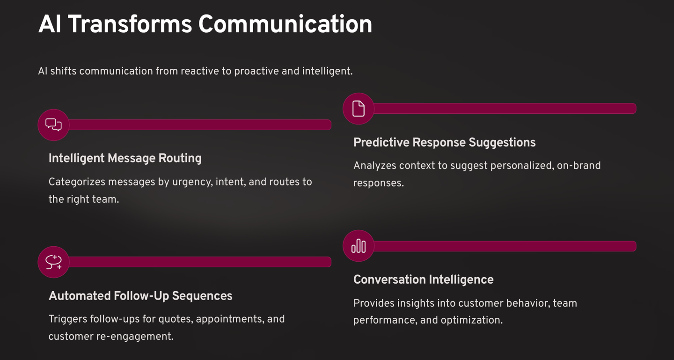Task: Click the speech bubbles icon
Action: click(53, 125)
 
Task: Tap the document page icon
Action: click(359, 109)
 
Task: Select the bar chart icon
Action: click(359, 246)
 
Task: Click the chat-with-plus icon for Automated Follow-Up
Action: click(53, 262)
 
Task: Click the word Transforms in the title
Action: click(130, 24)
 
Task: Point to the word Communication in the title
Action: click(285, 24)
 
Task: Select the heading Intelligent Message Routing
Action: click(125, 158)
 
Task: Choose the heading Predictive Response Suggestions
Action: click(444, 142)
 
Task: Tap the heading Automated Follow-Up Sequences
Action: click(140, 296)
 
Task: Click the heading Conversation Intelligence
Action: click(423, 279)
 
